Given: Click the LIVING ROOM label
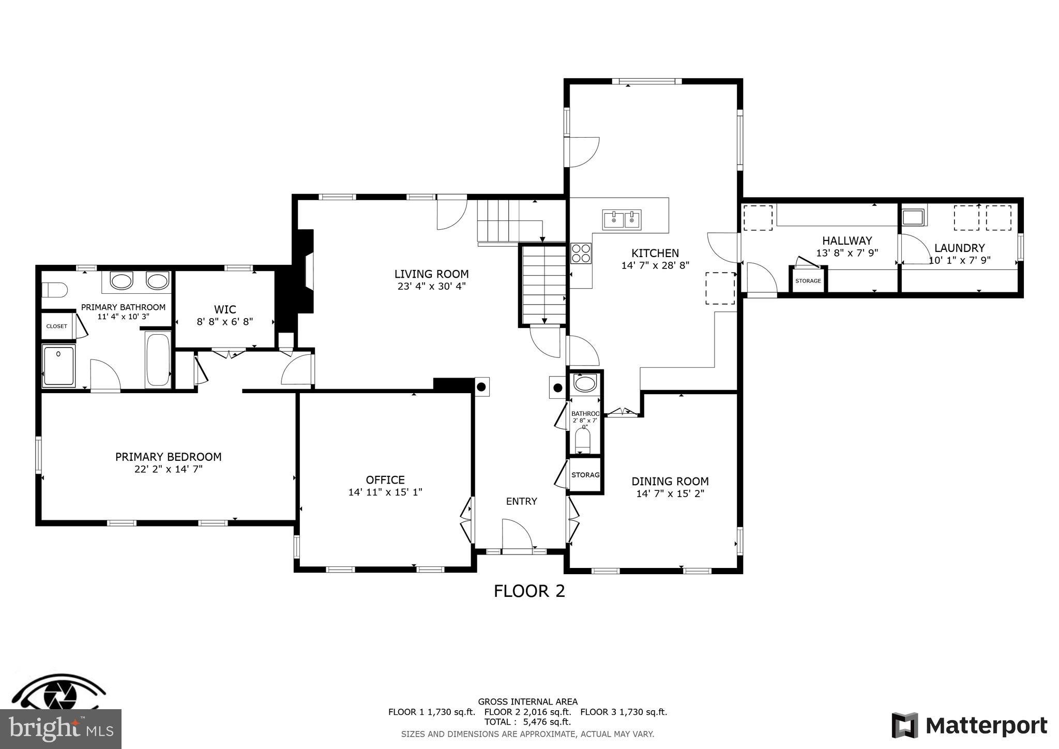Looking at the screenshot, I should point(431,274).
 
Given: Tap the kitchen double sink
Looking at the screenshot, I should point(622,220).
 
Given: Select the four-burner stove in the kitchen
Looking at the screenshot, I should point(581,253).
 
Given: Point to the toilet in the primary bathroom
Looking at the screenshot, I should point(54,290).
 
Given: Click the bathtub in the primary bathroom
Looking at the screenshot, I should point(158,361).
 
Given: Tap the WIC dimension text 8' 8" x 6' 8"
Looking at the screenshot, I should point(225,322).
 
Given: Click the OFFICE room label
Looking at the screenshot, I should point(385,480).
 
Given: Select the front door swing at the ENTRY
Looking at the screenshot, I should point(517,535).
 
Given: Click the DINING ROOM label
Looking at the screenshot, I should point(670,481).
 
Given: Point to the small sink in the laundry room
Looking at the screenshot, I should point(913,217).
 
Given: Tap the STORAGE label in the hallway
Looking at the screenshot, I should point(808,281).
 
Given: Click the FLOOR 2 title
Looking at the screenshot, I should point(529,591).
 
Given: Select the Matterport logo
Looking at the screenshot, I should point(969,726).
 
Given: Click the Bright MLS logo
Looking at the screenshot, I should point(60,729).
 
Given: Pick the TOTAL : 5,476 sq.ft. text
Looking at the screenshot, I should point(527,722).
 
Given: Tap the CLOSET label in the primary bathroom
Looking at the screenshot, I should point(57,326).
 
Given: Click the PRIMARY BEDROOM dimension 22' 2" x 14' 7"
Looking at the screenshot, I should point(168,469).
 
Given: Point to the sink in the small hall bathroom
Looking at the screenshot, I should point(585,384).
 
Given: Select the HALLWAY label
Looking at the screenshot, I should point(847,241).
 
